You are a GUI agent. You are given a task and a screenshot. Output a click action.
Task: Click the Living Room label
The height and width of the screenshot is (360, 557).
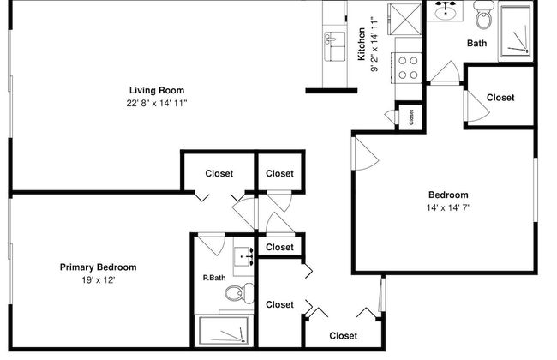click(157, 90)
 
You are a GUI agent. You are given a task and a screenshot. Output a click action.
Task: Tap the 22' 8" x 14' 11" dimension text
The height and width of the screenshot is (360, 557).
click(157, 103)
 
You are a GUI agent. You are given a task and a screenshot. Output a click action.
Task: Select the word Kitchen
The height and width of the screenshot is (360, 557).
click(362, 45)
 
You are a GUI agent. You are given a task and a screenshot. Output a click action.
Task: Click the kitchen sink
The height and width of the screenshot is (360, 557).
click(332, 41)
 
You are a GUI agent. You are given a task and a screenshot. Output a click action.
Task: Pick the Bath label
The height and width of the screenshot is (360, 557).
click(477, 43)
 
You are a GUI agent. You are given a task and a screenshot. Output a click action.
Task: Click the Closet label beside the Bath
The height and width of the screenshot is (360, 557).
click(500, 98)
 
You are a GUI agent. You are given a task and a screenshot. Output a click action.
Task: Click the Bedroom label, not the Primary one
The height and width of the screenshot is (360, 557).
click(448, 195)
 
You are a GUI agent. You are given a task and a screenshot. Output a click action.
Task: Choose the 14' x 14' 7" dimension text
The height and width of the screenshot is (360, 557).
click(448, 207)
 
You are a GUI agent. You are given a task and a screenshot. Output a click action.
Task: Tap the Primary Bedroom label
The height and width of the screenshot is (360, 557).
click(98, 267)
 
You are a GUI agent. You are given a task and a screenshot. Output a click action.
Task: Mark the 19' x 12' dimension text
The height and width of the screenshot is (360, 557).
click(98, 279)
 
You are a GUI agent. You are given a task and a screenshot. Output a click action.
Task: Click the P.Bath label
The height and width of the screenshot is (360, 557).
click(213, 277)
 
